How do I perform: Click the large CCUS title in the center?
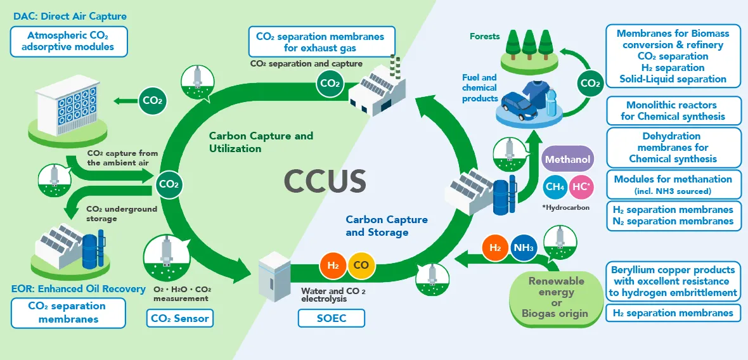coord(325,181)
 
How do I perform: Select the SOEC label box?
coord(331,318)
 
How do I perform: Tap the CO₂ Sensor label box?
coord(179,318)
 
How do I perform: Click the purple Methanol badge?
coord(568,159)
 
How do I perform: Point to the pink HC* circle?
coord(581,186)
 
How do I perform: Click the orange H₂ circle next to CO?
coord(332,265)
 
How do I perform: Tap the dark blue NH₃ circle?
coord(525,247)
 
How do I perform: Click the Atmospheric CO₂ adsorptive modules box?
coord(69,41)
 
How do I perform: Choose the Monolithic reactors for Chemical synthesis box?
coord(673,110)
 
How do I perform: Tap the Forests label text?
coord(484,36)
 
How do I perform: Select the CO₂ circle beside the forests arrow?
coord(590,84)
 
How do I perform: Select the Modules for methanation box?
coord(673,184)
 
